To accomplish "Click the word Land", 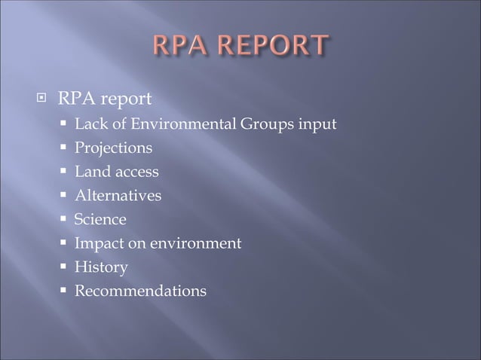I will tap(90, 172).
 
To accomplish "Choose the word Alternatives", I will tap(118, 196).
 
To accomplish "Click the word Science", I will tap(100, 220).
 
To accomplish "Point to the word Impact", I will tap(98, 244).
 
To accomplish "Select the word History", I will tap(101, 267).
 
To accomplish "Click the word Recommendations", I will tap(140, 291).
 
